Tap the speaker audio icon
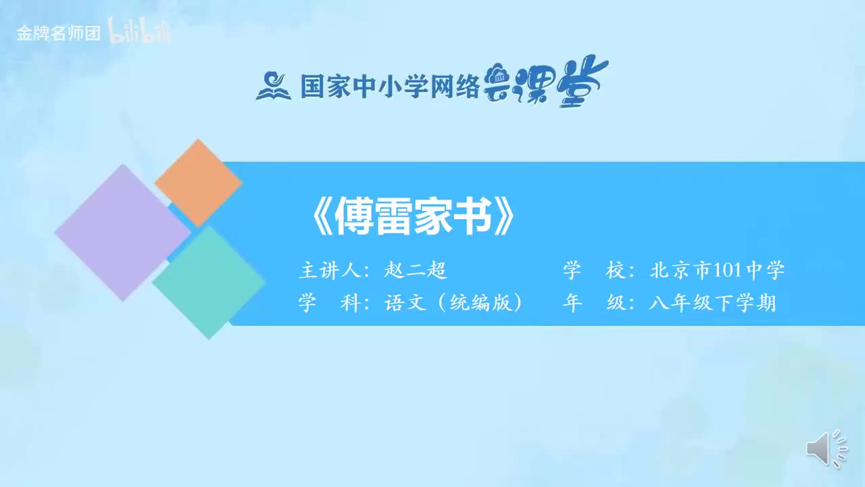pyautogui.click(x=826, y=448)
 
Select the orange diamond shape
pyautogui.click(x=198, y=183)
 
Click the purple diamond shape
pyautogui.click(x=122, y=232)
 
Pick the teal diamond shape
pyautogui.click(x=209, y=282)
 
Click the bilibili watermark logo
pyautogui.click(x=140, y=32)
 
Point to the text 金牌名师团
pyautogui.click(x=58, y=33)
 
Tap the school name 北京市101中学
pyautogui.click(x=717, y=271)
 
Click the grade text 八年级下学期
pyautogui.click(x=712, y=303)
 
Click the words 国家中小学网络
pyautogui.click(x=389, y=86)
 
